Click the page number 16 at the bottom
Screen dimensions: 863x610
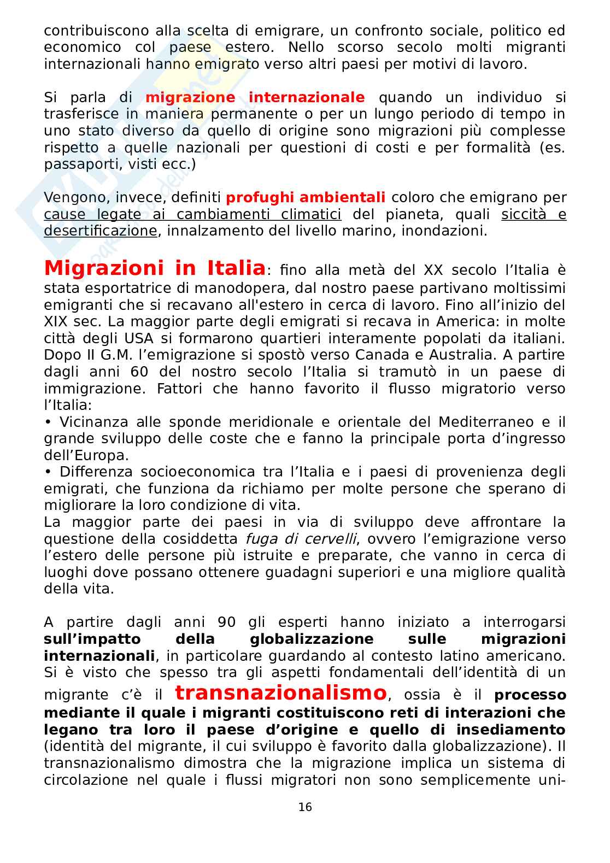[x=305, y=807]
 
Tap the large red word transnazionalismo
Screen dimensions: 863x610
[x=280, y=692]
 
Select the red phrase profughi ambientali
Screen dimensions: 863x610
[x=305, y=197]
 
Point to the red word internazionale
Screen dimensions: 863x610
[x=306, y=97]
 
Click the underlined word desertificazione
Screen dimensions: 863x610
[x=100, y=231]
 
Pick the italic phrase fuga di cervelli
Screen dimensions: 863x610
[x=301, y=539]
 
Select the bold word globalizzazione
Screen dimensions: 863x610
[x=312, y=639]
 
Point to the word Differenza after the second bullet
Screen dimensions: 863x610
[x=96, y=472]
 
